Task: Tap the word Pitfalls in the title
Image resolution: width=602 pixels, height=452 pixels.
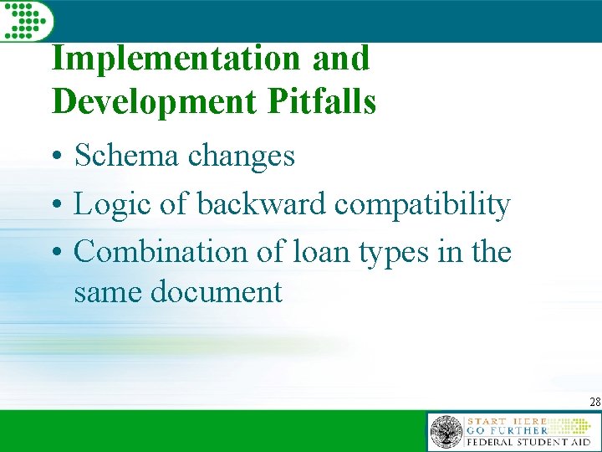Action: [x=321, y=101]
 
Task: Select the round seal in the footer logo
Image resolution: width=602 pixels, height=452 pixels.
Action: [x=446, y=432]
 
